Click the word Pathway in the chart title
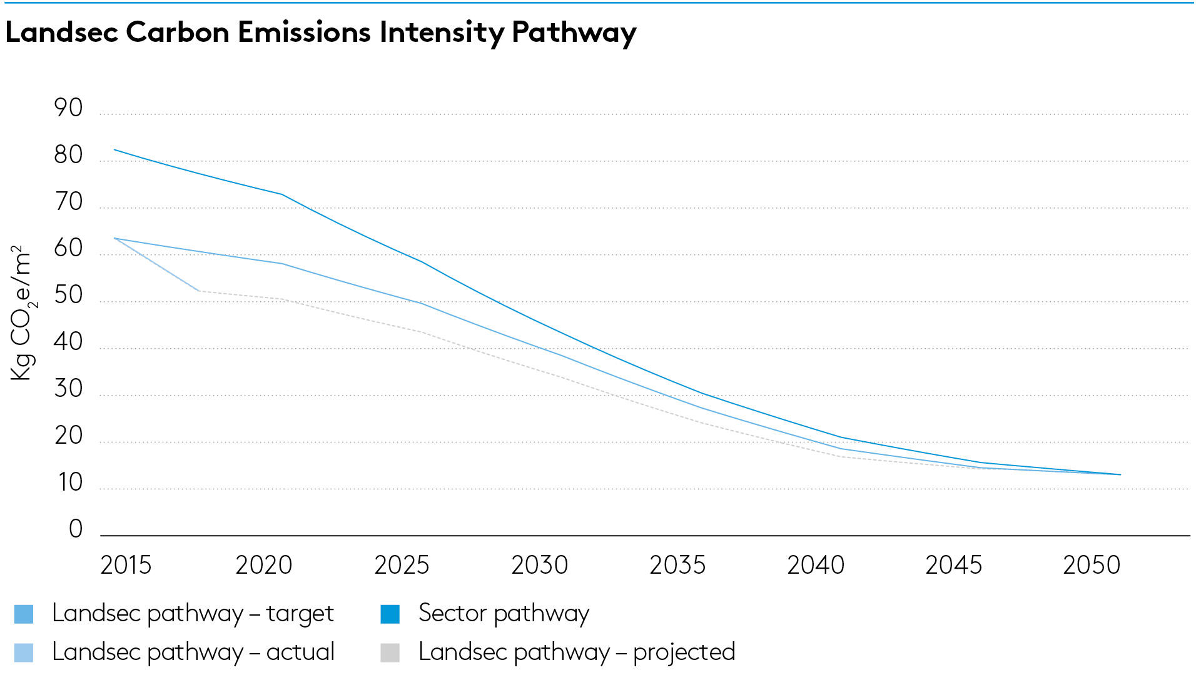574,32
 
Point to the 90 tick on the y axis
68,108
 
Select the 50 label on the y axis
68,295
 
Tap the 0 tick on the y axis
76,529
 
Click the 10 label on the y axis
69,482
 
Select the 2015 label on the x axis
126,565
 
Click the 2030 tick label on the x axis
539,565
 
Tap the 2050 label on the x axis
1092,565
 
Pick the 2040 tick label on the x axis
816,565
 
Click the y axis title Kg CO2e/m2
22,312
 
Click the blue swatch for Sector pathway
390,614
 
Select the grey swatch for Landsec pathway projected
390,652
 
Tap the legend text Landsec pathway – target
193,613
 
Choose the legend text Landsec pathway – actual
193,652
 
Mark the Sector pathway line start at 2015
114,149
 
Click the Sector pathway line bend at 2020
283,194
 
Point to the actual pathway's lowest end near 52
200,291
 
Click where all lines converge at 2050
1120,474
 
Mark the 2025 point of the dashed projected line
423,332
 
